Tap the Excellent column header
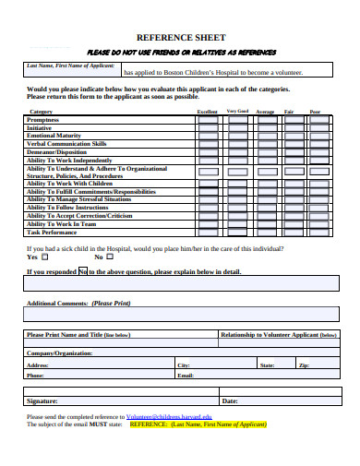(208, 111)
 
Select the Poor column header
(315, 111)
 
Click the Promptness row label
(43, 119)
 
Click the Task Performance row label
(52, 232)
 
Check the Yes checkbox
(45, 257)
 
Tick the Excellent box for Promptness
(208, 120)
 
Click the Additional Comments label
(78, 303)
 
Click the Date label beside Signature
(230, 401)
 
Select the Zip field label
(304, 365)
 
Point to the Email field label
(186, 376)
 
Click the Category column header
(42, 111)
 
